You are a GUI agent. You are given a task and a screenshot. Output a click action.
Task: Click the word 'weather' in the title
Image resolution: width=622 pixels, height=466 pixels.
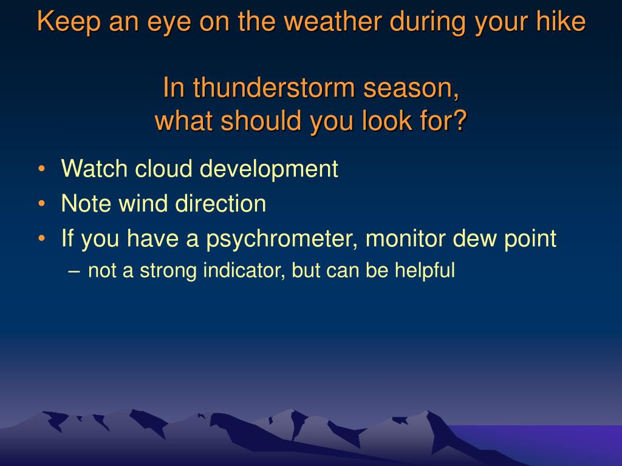[x=333, y=21]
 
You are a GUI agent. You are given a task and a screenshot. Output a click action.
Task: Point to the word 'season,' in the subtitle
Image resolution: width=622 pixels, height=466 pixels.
[x=411, y=89]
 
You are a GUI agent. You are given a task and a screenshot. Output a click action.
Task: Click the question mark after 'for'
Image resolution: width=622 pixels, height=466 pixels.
[x=460, y=121]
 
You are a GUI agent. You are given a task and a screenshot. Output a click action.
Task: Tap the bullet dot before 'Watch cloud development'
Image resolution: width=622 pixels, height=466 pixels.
[x=42, y=169]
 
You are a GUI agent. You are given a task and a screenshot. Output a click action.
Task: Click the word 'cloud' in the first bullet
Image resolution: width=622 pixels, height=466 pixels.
[x=163, y=169]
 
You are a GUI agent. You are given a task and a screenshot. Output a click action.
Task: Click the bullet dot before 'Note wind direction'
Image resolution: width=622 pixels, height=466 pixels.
[x=42, y=203]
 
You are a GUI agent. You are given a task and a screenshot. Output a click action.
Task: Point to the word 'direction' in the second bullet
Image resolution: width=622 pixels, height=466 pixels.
[x=220, y=203]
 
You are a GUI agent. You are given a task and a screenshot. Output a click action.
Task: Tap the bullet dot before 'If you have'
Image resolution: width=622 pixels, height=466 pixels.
[x=42, y=238]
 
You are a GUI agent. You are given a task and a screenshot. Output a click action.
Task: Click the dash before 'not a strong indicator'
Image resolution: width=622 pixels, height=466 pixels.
[x=74, y=271]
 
